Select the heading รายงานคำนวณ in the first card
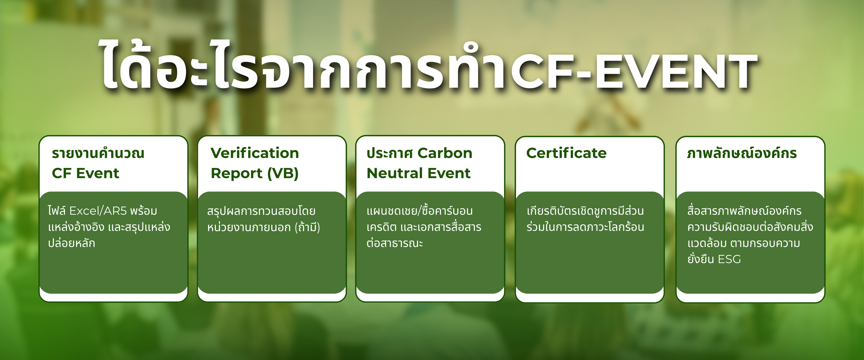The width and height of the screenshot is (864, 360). coord(98,153)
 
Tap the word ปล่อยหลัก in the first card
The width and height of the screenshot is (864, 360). coord(71,243)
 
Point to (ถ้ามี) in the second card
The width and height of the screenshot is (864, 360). coord(307,227)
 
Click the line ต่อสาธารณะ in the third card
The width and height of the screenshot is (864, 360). coord(395,243)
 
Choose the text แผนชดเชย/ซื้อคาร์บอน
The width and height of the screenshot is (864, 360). coord(420,211)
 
